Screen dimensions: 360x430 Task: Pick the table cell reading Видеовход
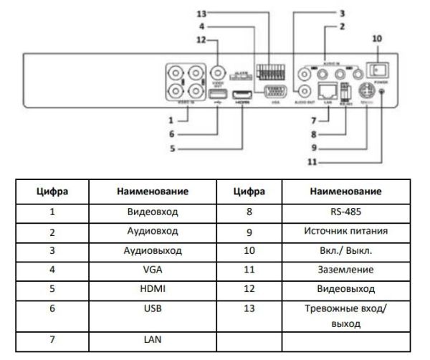point(152,212)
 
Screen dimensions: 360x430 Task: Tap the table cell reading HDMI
point(152,289)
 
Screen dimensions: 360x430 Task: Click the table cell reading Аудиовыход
point(152,251)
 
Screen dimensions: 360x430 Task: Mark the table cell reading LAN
point(152,340)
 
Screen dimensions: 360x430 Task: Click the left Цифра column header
point(52,191)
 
